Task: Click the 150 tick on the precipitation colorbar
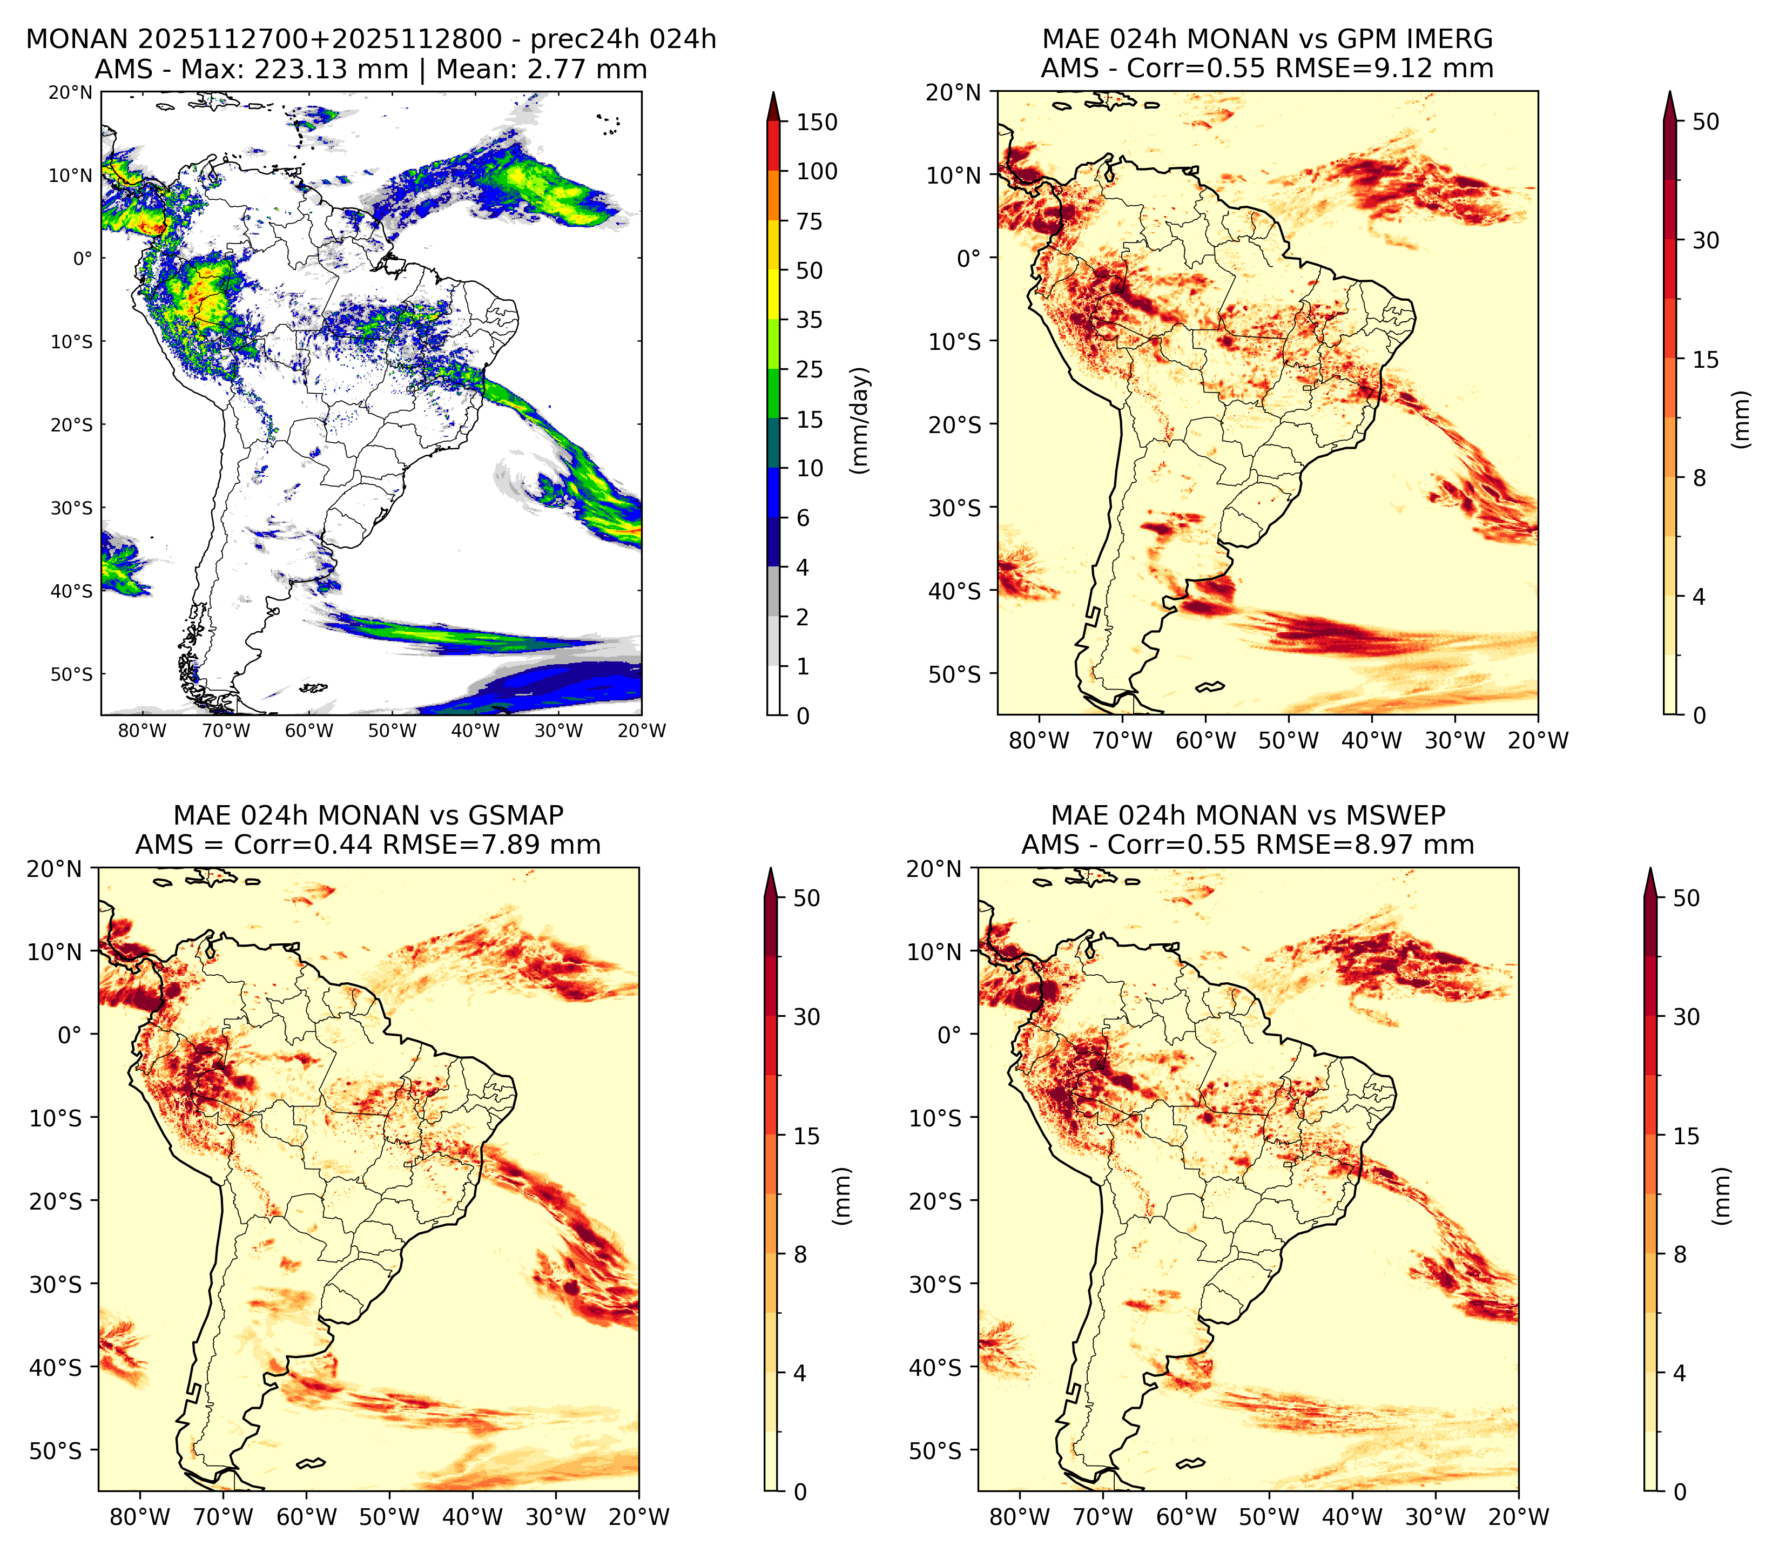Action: coord(816,122)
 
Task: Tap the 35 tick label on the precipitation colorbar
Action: coord(810,320)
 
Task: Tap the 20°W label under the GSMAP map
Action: coord(639,1517)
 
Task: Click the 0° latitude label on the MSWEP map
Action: coord(951,1035)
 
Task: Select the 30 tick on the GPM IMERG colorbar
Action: coord(1706,240)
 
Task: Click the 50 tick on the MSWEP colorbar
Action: coord(1686,899)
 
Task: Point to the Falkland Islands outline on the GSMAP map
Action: coord(310,1464)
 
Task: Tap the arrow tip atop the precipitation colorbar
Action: coord(774,93)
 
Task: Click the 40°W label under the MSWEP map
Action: coord(1353,1517)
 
